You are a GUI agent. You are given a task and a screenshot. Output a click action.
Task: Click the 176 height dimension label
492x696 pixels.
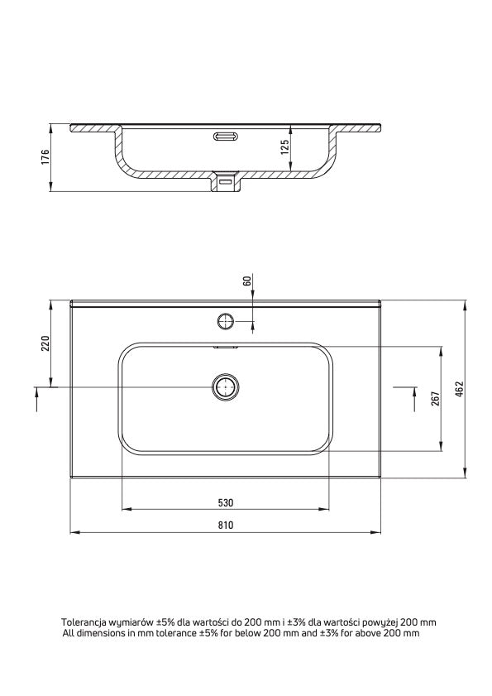46,158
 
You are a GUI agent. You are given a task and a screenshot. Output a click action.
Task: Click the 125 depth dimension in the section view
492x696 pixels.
284,148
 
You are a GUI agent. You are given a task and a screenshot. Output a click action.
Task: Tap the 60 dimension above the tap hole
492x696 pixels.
246,281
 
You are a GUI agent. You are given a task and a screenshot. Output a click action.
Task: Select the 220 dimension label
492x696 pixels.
46,343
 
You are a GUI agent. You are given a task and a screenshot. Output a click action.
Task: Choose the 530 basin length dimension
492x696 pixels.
226,502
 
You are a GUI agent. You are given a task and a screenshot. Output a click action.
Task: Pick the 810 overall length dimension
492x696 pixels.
226,525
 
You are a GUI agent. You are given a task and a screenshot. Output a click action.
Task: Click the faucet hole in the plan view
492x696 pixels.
225,320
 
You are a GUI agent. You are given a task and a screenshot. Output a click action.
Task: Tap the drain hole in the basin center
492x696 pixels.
225,386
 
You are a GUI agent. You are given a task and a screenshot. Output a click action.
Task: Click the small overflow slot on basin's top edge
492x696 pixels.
225,348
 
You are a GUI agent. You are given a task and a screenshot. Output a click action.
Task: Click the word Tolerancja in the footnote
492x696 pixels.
84,622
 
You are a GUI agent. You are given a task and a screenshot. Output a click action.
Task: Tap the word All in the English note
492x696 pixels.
69,633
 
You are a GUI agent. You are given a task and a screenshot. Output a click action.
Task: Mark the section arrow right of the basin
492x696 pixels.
413,398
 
